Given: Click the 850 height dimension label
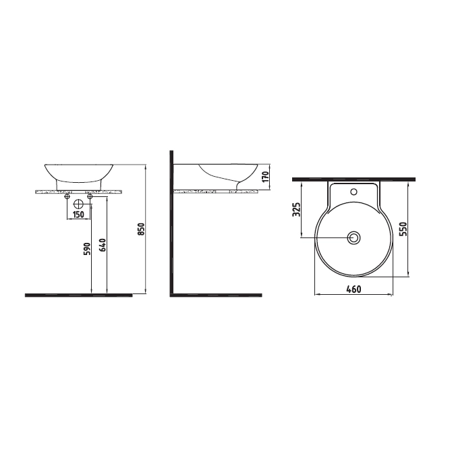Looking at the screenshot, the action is (x=141, y=229).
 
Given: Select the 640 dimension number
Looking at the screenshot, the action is (x=103, y=245).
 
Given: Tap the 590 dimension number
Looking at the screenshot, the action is (x=88, y=249).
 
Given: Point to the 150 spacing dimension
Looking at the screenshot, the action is (x=78, y=215).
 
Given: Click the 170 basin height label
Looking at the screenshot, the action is (x=266, y=176).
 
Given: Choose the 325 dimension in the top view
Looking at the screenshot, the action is (x=296, y=210).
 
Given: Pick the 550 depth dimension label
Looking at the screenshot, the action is (x=403, y=229).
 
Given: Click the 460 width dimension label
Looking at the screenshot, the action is (x=353, y=289).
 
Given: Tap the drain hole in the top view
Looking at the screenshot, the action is (x=354, y=237).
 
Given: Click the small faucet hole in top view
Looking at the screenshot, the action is (x=354, y=192).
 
